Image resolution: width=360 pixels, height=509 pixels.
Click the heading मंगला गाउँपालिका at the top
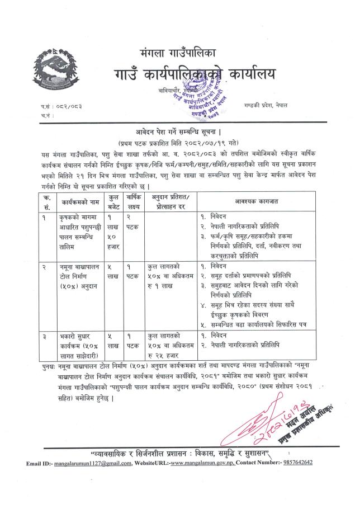pyautogui.click(x=179, y=53)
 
